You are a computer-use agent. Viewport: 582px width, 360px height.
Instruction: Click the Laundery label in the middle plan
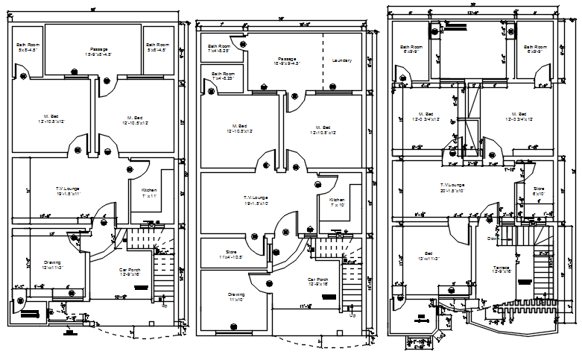pyautogui.click(x=342, y=60)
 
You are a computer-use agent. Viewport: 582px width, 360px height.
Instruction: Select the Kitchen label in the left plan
pyautogui.click(x=149, y=191)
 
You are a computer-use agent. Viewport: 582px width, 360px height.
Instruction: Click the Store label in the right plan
pyautogui.click(x=539, y=190)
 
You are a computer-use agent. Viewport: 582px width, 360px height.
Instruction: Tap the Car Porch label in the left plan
pyautogui.click(x=130, y=271)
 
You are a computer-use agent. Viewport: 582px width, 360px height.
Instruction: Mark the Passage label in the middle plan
pyautogui.click(x=287, y=60)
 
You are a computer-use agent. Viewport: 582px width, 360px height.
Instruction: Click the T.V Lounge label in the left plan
pyautogui.click(x=69, y=189)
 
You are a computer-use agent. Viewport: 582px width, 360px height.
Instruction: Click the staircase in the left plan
pyautogui.click(x=160, y=272)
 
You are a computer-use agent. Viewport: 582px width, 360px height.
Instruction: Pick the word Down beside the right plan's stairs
pyautogui.click(x=493, y=239)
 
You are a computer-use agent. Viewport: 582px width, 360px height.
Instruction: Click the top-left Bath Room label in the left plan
pyautogui.click(x=28, y=46)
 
